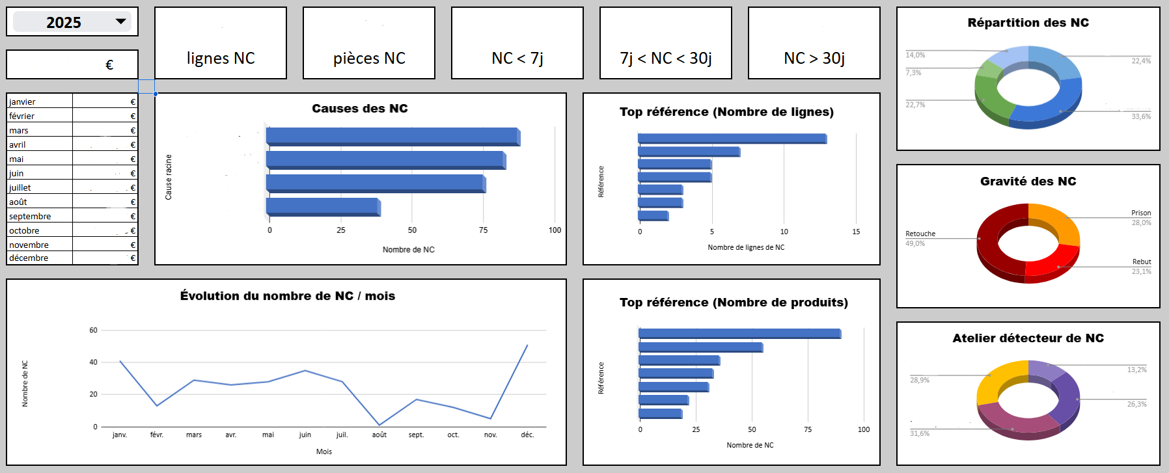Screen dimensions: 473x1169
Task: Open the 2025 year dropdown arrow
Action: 120,21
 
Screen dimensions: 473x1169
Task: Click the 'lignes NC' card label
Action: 221,59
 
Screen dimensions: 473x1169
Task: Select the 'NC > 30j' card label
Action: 814,59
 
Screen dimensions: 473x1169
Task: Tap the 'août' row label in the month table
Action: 18,202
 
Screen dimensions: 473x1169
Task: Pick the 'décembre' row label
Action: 29,258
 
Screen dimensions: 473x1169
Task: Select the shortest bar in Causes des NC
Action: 323,207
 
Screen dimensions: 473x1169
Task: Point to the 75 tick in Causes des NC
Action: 483,230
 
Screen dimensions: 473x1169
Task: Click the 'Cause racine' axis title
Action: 169,177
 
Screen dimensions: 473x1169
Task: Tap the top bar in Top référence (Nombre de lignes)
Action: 732,139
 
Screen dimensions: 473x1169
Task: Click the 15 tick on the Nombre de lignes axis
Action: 856,232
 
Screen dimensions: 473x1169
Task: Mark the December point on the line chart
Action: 527,345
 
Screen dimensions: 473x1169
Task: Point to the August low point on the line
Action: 379,425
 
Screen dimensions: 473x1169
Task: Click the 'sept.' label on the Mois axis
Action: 416,435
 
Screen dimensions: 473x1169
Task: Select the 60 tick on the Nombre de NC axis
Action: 94,331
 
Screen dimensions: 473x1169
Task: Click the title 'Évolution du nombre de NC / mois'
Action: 288,296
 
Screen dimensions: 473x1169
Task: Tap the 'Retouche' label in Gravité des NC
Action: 920,234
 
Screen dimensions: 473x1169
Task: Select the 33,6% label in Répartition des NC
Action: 1141,117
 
